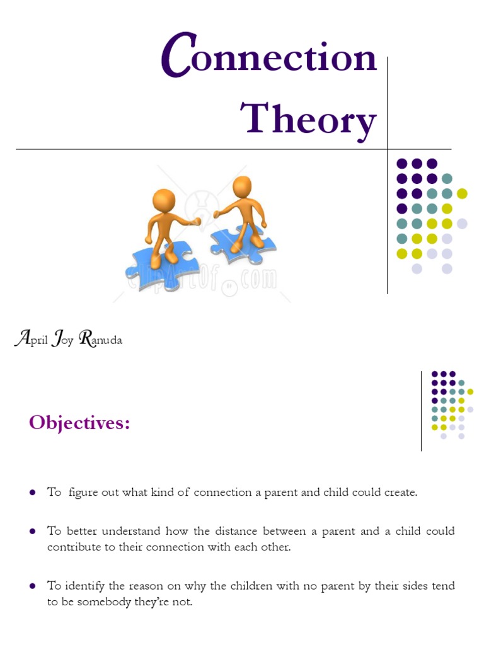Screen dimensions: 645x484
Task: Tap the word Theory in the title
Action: [309, 118]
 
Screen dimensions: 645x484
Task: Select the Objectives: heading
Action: [79, 423]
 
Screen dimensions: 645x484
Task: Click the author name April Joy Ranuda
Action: [68, 340]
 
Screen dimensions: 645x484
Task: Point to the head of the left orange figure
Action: [164, 201]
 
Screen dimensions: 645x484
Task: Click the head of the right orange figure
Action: [242, 187]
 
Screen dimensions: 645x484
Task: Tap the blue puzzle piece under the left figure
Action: [158, 265]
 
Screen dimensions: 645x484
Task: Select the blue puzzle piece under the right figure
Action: [243, 242]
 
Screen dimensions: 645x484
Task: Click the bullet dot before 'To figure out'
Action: [32, 493]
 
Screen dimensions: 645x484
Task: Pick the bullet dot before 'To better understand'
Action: [32, 532]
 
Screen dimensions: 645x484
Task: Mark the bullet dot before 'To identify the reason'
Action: [32, 586]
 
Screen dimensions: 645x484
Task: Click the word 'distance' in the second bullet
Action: [236, 532]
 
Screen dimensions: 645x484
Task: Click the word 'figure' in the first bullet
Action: [83, 493]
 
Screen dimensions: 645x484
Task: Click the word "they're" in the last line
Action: [154, 602]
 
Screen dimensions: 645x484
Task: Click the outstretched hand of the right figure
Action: [216, 214]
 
